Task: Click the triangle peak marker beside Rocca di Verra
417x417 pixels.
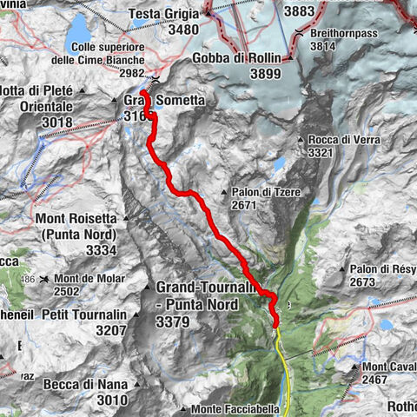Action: pos(300,139)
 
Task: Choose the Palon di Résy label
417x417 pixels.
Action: pos(384,269)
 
